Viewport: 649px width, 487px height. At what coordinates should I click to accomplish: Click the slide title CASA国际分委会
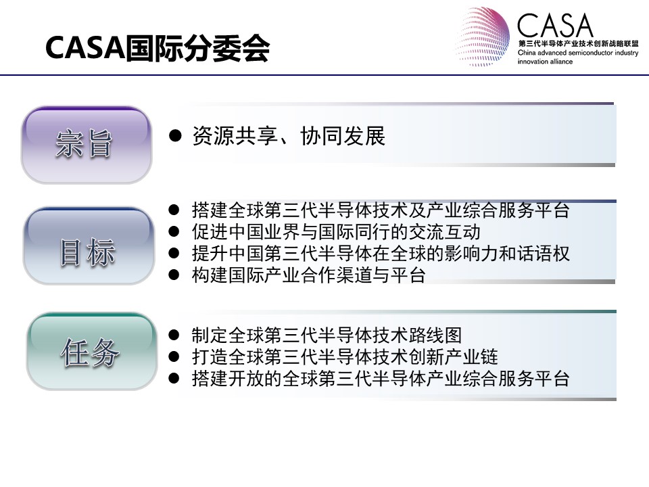coord(158,48)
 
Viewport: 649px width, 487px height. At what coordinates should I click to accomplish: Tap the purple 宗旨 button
coord(87,145)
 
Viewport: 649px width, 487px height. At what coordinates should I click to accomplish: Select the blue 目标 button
coord(88,246)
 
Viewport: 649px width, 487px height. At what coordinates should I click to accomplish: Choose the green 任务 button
coord(91,351)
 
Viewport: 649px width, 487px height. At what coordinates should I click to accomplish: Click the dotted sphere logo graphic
coord(483,37)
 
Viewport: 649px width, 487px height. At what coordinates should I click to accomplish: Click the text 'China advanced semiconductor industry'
coord(578,53)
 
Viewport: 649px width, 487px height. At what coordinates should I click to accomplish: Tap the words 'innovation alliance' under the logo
coord(545,62)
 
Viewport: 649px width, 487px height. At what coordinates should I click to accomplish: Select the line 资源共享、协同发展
coord(289,136)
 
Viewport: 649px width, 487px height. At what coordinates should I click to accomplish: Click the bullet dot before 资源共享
coord(175,135)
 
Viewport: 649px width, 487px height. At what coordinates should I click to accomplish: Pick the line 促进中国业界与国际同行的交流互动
coord(336,232)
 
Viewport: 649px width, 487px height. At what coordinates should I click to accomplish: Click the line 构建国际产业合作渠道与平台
coord(309,275)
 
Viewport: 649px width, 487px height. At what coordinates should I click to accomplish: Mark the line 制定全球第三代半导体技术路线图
coord(327,335)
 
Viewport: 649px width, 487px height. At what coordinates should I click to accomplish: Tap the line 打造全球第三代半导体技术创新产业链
coord(345,356)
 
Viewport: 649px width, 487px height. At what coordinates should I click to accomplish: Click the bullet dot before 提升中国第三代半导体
coord(174,254)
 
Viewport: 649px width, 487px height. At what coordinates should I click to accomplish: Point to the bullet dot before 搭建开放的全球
coord(174,378)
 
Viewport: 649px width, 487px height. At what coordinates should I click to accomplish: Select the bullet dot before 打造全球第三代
coord(174,356)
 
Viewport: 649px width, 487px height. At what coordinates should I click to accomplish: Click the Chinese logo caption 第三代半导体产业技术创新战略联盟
coord(578,43)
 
